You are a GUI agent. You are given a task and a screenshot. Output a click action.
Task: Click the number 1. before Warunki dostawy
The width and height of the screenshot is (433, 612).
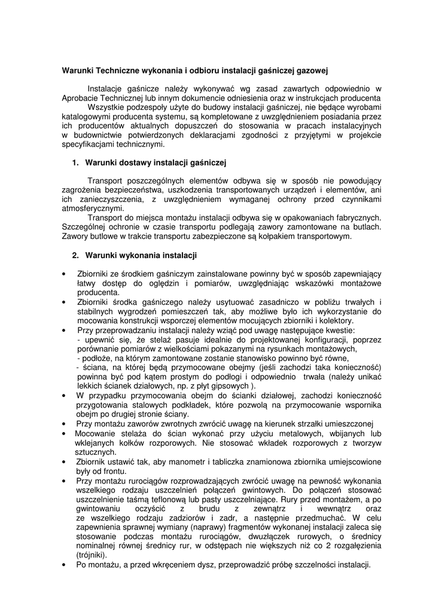[75, 163]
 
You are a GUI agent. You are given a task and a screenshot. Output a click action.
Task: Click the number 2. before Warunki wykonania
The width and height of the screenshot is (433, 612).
[75, 255]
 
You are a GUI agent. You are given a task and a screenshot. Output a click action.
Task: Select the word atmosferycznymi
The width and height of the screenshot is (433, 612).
[91, 209]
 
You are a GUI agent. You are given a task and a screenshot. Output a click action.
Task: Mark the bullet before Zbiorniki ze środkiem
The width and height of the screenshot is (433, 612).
[64, 274]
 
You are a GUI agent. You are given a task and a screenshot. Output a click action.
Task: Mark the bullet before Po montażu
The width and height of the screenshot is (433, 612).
[64, 565]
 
